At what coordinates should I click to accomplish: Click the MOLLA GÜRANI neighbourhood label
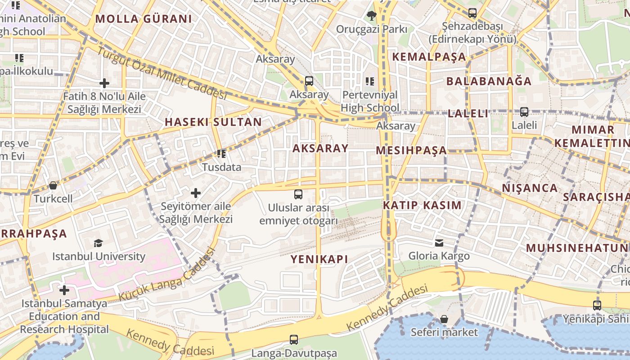pos(144,19)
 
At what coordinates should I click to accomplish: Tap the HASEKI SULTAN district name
pos(213,122)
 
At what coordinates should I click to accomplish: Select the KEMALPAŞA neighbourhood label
pos(429,57)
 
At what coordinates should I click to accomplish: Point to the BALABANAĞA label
pos(489,81)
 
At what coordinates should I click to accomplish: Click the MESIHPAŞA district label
pos(411,150)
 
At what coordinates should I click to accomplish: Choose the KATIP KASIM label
pos(422,205)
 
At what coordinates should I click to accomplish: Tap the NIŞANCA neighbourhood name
pos(530,188)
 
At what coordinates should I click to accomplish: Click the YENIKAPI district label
pos(319,259)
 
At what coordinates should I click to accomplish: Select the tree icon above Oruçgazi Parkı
pos(371,16)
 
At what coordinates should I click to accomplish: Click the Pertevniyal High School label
pos(370,101)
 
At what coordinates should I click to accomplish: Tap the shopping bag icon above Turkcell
pos(53,185)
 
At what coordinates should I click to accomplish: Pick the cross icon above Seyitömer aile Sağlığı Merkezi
pos(196,193)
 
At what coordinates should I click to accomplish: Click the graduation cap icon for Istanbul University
pos(98,243)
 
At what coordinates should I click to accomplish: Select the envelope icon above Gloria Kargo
pos(439,243)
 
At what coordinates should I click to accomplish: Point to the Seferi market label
pos(444,332)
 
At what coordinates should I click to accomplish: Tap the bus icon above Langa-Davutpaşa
pos(294,340)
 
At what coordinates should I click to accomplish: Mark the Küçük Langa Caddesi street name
pos(166,275)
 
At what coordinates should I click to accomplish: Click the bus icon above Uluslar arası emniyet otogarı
pos(298,194)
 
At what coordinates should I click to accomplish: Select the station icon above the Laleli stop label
pos(524,112)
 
